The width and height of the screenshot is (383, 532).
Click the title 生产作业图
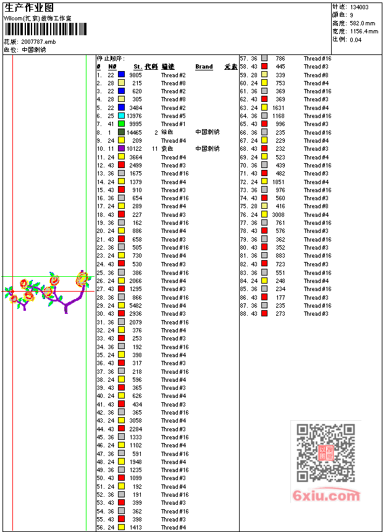click(x=29, y=7)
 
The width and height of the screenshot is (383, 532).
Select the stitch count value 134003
click(x=359, y=7)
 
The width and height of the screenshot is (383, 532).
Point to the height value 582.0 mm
click(x=363, y=23)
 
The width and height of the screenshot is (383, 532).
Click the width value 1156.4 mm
click(x=364, y=31)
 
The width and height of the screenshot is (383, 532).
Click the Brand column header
click(x=204, y=67)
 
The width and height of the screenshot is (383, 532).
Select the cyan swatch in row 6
click(x=122, y=116)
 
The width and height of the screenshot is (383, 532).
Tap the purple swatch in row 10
click(x=122, y=149)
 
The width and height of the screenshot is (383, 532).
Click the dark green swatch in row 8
click(x=122, y=132)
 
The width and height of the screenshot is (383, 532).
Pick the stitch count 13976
click(x=134, y=116)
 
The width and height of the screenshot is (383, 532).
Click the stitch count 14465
click(x=134, y=132)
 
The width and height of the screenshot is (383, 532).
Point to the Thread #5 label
click(x=174, y=116)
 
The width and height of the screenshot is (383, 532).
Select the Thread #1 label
click(x=174, y=124)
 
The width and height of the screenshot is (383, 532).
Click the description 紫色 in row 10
click(x=167, y=149)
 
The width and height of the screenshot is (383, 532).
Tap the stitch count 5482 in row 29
click(x=135, y=306)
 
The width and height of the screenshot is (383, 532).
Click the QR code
click(x=326, y=453)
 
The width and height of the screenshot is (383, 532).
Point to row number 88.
click(x=243, y=314)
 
